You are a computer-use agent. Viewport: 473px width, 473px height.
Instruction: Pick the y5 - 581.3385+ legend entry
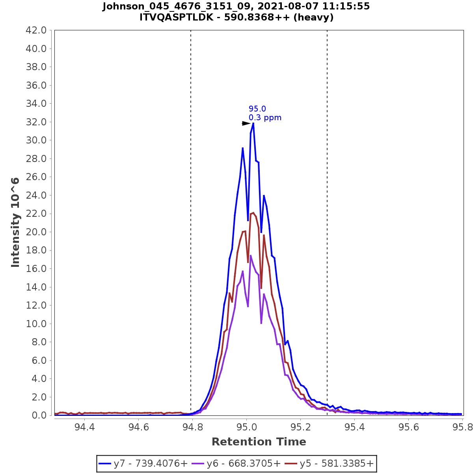click(x=330, y=464)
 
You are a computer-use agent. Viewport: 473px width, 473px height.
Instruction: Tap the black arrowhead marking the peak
click(x=246, y=123)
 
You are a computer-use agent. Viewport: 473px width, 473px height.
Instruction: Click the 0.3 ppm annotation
click(x=265, y=117)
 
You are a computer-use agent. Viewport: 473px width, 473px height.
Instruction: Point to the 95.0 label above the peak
click(x=257, y=109)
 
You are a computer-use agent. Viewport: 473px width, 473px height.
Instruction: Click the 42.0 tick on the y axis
click(x=36, y=30)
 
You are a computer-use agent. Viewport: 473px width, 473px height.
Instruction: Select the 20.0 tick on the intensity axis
click(x=36, y=232)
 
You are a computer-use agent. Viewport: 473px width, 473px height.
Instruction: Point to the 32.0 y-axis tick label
click(x=36, y=122)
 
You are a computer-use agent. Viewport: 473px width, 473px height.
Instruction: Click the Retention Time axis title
click(x=259, y=442)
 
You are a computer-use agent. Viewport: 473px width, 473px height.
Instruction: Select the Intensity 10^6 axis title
click(x=15, y=222)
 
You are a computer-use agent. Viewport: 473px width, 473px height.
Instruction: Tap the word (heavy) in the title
click(x=314, y=17)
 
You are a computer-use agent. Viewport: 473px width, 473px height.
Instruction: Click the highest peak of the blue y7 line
click(x=253, y=123)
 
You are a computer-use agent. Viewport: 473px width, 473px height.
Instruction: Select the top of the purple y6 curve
click(x=251, y=255)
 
